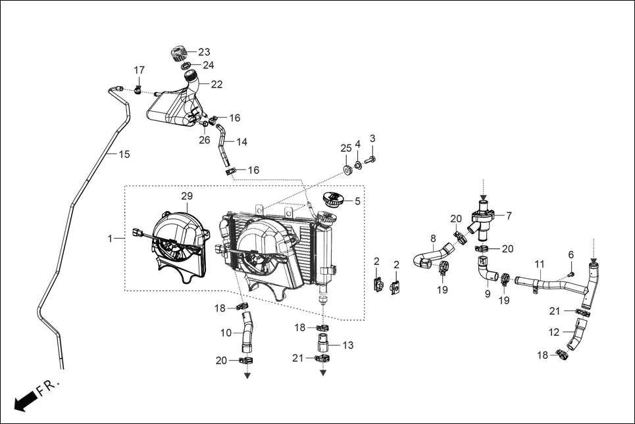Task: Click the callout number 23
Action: [x=204, y=52]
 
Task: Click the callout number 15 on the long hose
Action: [x=124, y=154]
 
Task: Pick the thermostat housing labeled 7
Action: [x=484, y=221]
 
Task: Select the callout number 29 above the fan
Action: [x=187, y=197]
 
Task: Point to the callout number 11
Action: [x=540, y=264]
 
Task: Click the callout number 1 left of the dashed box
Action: [x=111, y=239]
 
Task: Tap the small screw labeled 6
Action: [x=571, y=272]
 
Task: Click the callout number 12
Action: [x=554, y=333]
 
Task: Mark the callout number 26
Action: [x=204, y=140]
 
